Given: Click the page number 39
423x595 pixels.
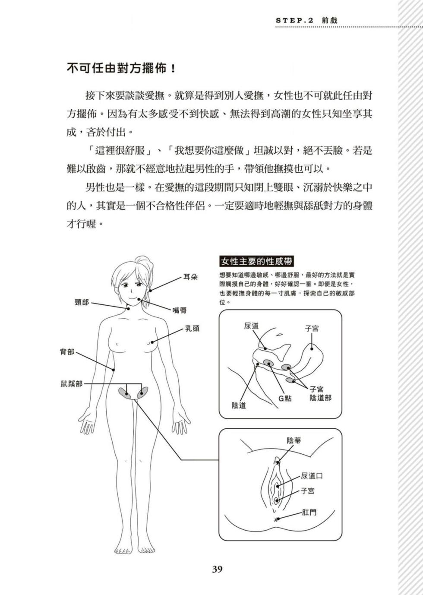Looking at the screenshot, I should point(217,569).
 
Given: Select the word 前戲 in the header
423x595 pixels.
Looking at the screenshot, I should point(329,20).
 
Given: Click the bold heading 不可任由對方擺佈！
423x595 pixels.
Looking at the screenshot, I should point(121,69).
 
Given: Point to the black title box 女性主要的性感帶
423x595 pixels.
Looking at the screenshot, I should point(256,261).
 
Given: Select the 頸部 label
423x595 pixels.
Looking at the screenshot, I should point(82,302).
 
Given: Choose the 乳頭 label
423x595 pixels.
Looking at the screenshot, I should point(193,329).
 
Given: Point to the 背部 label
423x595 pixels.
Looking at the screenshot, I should point(67,352).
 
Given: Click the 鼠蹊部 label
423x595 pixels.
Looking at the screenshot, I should point(71,383).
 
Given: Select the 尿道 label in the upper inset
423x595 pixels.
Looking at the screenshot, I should point(251,326).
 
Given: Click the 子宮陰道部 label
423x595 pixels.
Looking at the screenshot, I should point(320,393).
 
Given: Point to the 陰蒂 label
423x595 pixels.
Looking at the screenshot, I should point(294,440).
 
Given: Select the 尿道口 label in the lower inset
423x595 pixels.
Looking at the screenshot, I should point(312,476).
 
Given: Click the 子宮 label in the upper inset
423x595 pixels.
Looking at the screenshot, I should point(312,329).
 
